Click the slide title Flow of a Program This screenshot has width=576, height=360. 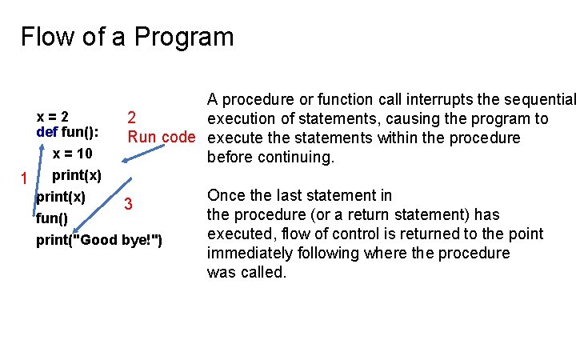[x=127, y=37]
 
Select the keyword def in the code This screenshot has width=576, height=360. [x=46, y=132]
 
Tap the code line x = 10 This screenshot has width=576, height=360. [x=72, y=154]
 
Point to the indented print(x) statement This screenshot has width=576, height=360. [x=76, y=175]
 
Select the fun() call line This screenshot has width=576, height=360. [x=52, y=218]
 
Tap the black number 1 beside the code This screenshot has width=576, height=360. [x=25, y=178]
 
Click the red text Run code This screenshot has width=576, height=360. [x=162, y=137]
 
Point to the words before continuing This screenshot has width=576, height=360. [x=259, y=158]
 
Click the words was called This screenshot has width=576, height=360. [x=246, y=272]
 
